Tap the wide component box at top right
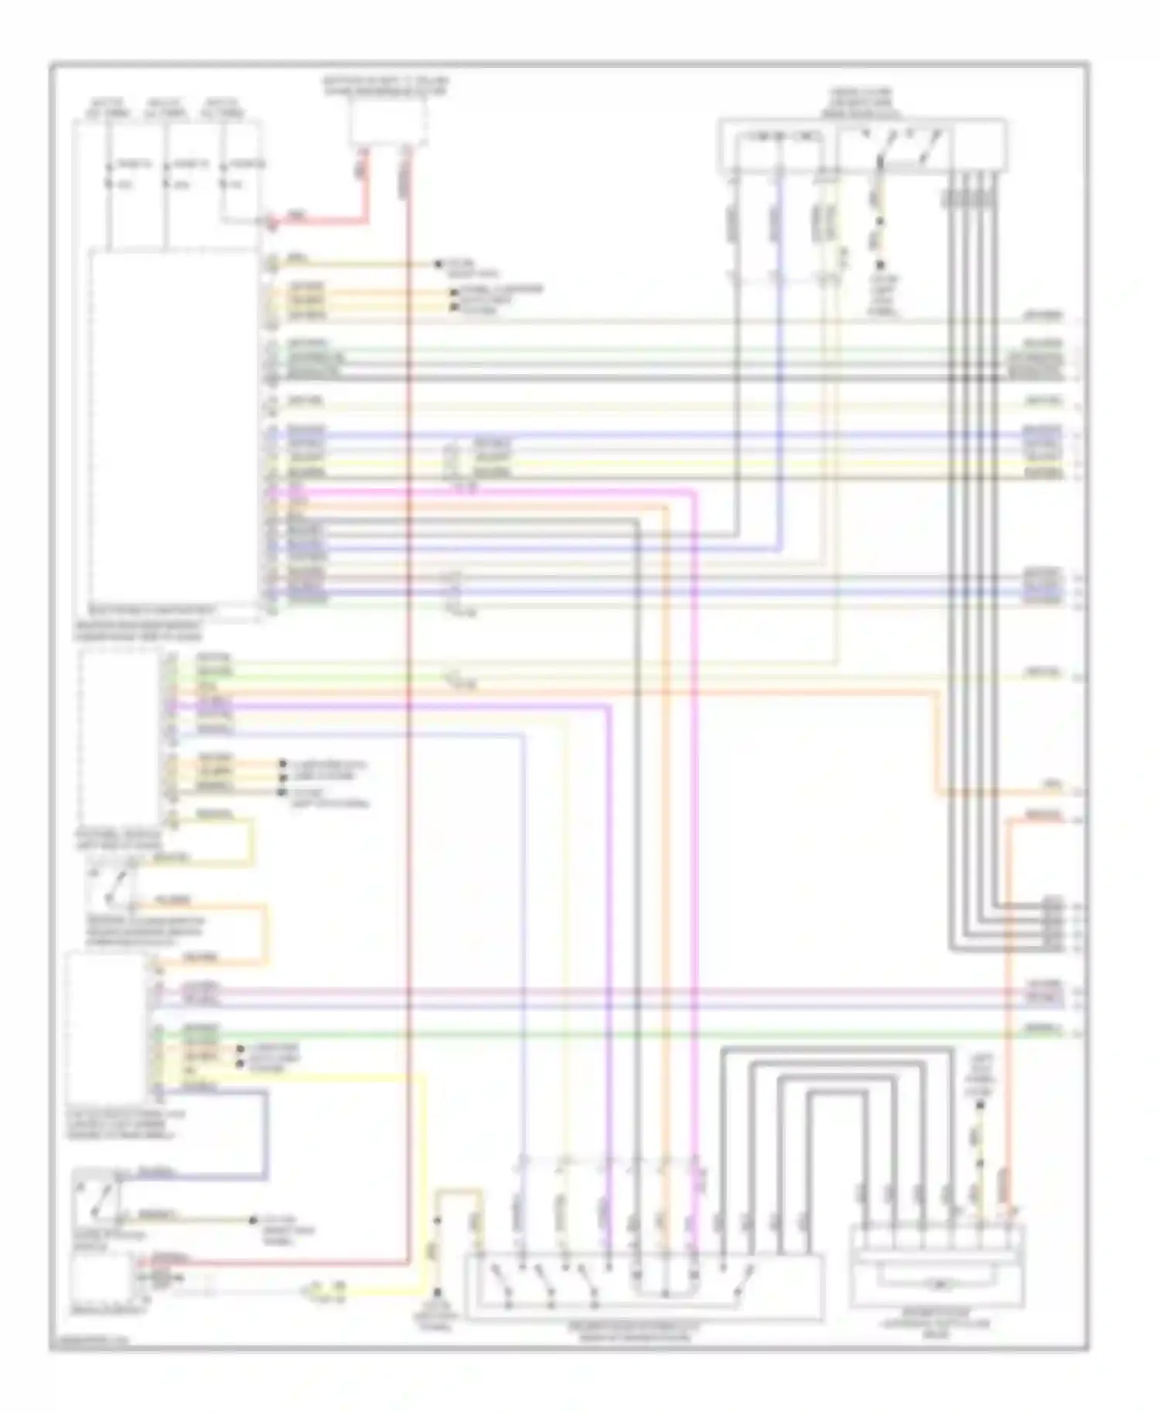tap(862, 145)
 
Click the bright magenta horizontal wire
tap(479, 491)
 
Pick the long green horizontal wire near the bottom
tap(619, 1033)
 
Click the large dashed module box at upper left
tap(175, 433)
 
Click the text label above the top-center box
tap(386, 85)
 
